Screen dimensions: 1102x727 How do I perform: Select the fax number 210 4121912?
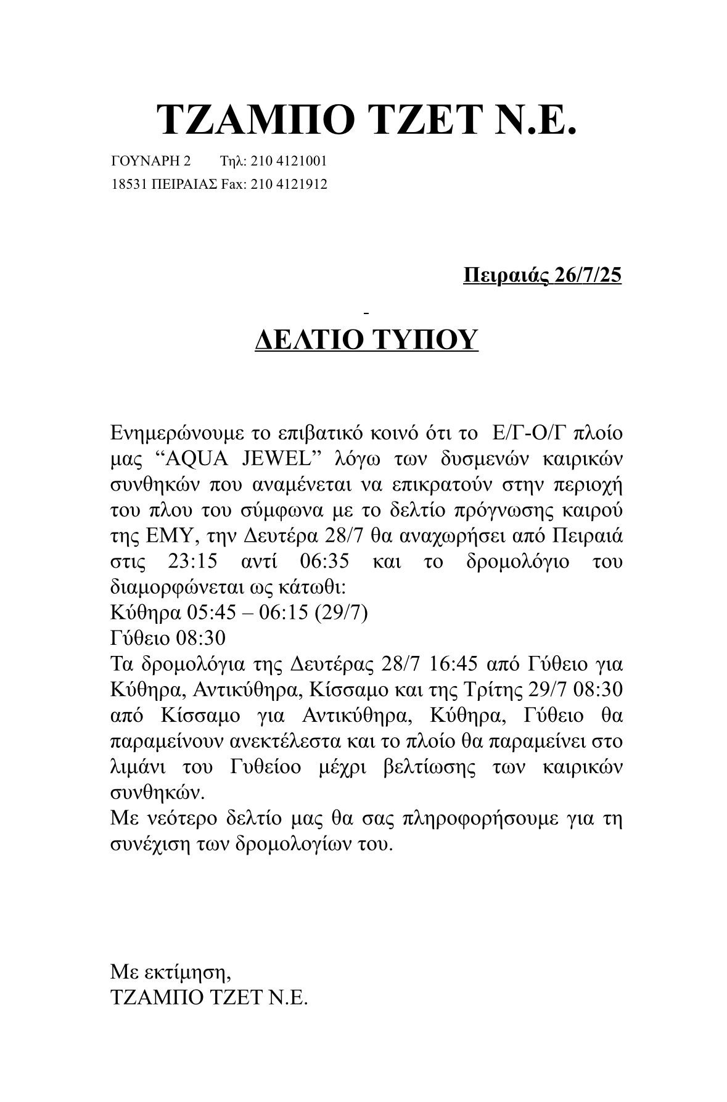(289, 184)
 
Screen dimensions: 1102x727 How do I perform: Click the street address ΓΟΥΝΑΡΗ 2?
(151, 161)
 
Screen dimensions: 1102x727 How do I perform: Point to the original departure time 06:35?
(324, 562)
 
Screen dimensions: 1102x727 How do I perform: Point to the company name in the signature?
(208, 998)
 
